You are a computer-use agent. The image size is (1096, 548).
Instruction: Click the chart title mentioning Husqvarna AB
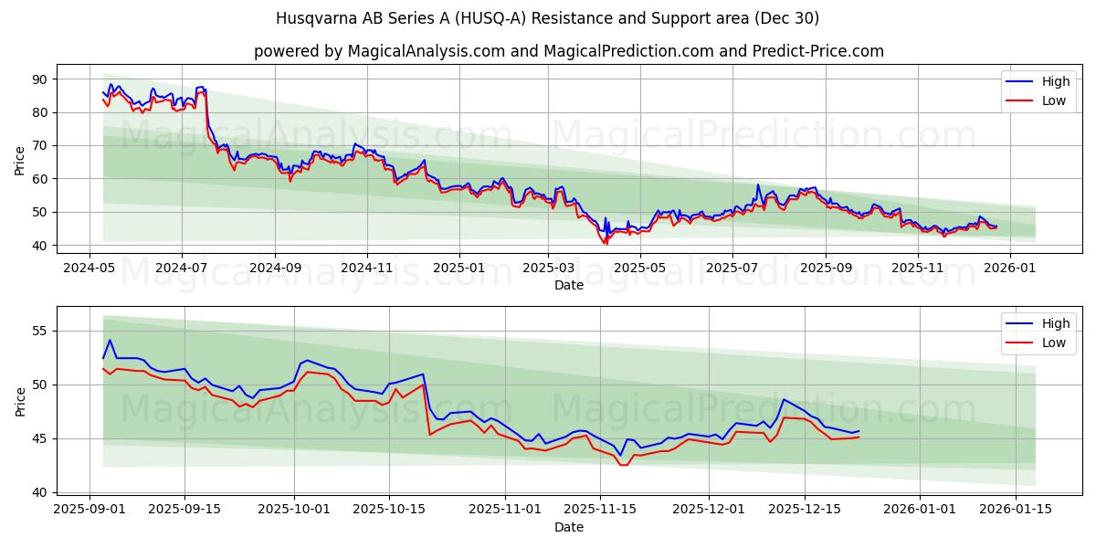[x=547, y=18]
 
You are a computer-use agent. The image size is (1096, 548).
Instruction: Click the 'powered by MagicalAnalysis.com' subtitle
[x=568, y=51]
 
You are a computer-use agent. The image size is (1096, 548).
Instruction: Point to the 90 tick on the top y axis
[x=40, y=79]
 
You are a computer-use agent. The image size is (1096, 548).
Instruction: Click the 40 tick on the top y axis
[x=40, y=246]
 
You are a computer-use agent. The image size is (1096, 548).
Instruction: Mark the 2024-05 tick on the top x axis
[x=89, y=268]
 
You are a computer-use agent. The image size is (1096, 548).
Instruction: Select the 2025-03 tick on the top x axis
[x=548, y=268]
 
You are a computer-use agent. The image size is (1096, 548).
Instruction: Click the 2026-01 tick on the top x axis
[x=1009, y=268]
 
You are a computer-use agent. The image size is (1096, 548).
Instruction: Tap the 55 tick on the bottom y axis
[x=40, y=331]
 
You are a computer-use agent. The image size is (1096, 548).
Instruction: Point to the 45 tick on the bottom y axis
[x=40, y=438]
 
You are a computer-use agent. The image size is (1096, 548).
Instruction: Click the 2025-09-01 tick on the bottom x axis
[x=90, y=510]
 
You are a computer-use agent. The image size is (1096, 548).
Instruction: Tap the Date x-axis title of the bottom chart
[x=568, y=527]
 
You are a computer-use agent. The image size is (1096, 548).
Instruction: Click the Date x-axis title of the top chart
[x=568, y=285]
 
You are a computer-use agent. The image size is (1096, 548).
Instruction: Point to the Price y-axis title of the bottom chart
[x=20, y=401]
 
